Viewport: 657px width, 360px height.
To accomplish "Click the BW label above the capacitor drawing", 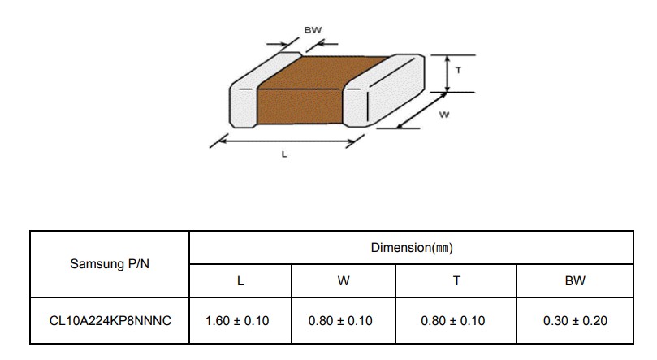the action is (313, 30).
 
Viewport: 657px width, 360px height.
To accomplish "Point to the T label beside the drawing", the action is (458, 71).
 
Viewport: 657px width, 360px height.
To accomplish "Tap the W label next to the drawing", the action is (444, 115).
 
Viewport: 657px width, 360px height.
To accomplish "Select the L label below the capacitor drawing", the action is (284, 154).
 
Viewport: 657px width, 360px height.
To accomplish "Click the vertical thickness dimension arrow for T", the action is (447, 73).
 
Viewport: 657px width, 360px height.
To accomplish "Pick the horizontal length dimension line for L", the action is (287, 141).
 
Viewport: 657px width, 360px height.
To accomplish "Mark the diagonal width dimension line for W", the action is (421, 111).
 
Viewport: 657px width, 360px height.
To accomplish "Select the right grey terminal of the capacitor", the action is (383, 90).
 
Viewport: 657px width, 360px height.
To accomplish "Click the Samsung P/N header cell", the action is (110, 263).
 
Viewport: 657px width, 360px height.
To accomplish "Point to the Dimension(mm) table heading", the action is (412, 248).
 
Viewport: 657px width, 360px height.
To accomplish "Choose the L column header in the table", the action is (240, 281).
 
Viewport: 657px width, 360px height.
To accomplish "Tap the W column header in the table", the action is (344, 281).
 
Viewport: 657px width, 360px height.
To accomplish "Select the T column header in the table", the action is (456, 281).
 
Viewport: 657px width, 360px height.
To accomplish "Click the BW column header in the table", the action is (575, 281).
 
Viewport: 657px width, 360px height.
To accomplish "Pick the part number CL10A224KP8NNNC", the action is (110, 321).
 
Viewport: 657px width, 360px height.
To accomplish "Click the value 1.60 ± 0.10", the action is (237, 321).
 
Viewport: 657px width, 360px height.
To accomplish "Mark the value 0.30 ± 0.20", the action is (575, 321).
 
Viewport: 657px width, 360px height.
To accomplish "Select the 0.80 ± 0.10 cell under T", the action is (453, 321).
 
